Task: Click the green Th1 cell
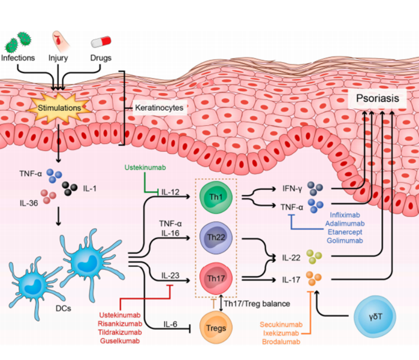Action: (x=216, y=197)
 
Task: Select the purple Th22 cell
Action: (x=216, y=237)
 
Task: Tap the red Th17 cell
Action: (x=216, y=279)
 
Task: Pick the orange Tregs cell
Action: (x=216, y=328)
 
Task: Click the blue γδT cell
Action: (x=375, y=317)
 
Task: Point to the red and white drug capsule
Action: (x=101, y=42)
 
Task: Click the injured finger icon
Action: (x=61, y=41)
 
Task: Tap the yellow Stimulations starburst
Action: (x=59, y=108)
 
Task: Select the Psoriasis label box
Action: (x=377, y=99)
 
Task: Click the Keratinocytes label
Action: (x=159, y=108)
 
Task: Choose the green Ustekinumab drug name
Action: (x=145, y=168)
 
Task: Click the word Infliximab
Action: (x=345, y=215)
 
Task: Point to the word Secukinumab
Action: (x=281, y=325)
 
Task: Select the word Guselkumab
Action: (x=120, y=341)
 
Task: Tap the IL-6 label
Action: (x=170, y=324)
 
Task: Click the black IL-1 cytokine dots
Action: (x=70, y=188)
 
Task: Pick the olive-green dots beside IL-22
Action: (x=314, y=256)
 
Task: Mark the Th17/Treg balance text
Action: (x=257, y=304)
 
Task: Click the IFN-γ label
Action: (x=293, y=189)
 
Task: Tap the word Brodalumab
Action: (x=281, y=341)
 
